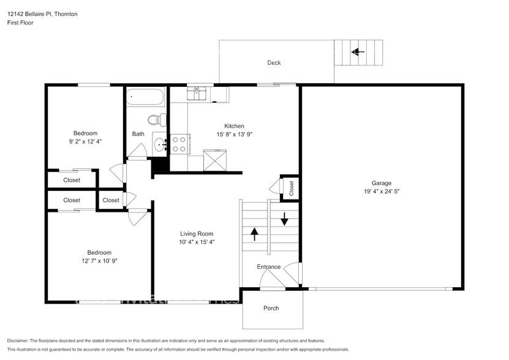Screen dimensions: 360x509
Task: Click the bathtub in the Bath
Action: pyautogui.click(x=145, y=97)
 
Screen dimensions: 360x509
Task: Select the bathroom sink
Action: pyautogui.click(x=159, y=145)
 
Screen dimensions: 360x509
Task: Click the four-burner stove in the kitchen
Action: pyautogui.click(x=179, y=144)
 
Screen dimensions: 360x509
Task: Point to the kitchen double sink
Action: pyautogui.click(x=200, y=94)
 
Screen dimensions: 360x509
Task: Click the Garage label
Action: pyautogui.click(x=381, y=182)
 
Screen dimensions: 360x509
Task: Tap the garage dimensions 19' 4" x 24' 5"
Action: pyautogui.click(x=381, y=191)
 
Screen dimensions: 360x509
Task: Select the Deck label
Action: pyautogui.click(x=274, y=62)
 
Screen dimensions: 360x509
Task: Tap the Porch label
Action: pyautogui.click(x=271, y=308)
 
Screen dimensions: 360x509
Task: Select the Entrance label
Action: pyautogui.click(x=268, y=266)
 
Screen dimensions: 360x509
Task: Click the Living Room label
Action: pyautogui.click(x=197, y=233)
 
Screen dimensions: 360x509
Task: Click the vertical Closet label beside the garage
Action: pyautogui.click(x=292, y=187)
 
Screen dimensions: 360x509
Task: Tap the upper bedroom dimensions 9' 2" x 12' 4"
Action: pyautogui.click(x=85, y=141)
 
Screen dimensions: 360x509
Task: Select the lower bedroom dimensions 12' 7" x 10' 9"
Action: pyautogui.click(x=91, y=261)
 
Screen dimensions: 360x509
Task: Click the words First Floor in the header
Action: pyautogui.click(x=21, y=23)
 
